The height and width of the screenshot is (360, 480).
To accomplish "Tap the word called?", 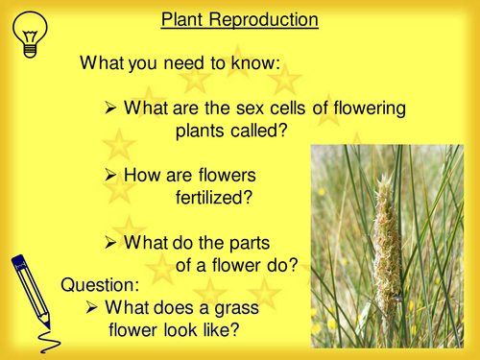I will click(x=256, y=131).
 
